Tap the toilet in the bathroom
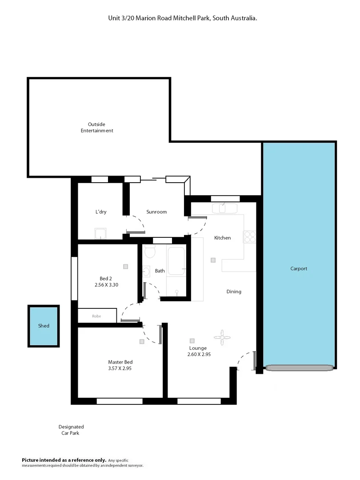pos(150,252)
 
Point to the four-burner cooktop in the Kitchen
pos(249,236)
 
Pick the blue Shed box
pos(44,326)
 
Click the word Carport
pos(299,268)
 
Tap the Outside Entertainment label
pos(97,128)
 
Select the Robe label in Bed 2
pos(96,316)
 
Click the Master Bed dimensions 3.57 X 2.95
pos(120,368)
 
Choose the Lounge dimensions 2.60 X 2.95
pos(200,354)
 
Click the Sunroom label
pos(156,212)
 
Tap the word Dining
pos(234,292)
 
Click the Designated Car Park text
pos(71,430)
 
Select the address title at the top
pos(183,18)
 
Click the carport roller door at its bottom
pos(299,368)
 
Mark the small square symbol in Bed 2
pos(126,266)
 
